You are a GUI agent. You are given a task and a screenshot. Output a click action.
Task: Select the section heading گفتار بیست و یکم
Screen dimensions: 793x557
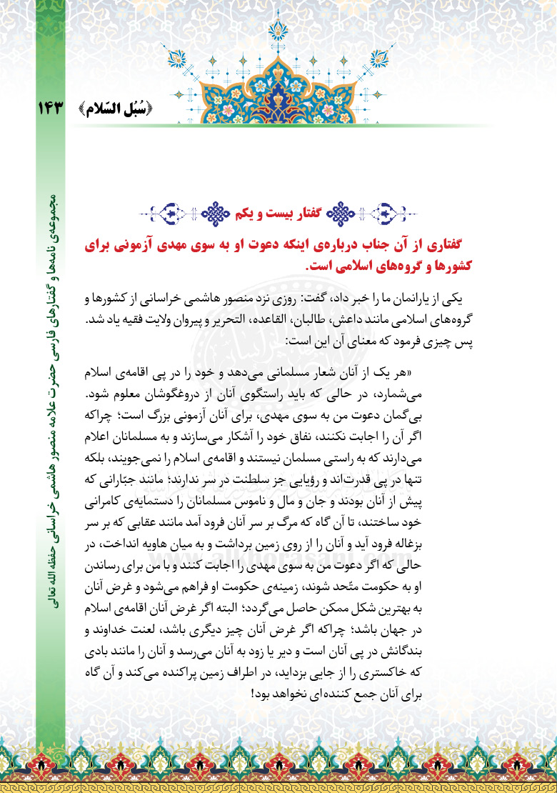[278, 211]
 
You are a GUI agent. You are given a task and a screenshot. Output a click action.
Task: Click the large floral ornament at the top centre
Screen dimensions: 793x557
[278, 68]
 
